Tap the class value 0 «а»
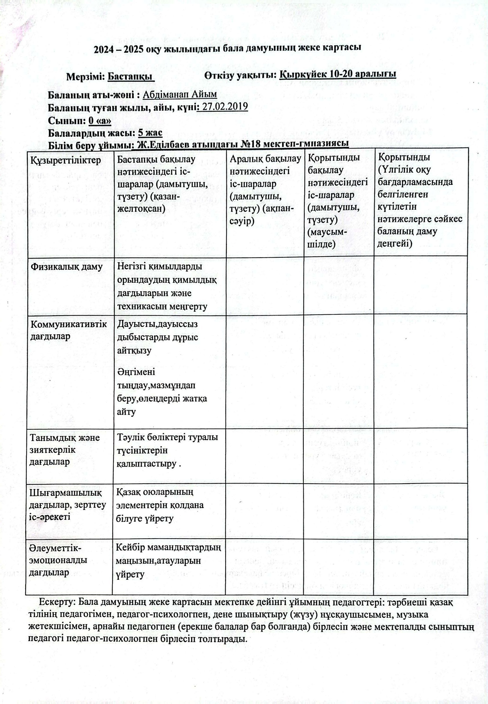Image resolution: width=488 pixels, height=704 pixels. click(100, 120)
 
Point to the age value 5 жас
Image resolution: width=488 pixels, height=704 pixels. click(150, 133)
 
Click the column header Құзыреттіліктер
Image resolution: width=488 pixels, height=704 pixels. click(65, 160)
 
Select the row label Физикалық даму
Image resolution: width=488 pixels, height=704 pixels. click(67, 267)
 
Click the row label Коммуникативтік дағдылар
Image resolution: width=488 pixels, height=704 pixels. click(69, 330)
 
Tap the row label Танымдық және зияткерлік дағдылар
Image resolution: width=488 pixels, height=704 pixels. click(65, 449)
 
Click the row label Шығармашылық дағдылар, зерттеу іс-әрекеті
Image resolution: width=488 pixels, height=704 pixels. click(67, 505)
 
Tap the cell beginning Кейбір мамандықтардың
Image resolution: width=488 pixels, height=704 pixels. click(168, 560)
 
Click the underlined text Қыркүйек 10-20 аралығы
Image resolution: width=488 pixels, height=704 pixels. click(338, 74)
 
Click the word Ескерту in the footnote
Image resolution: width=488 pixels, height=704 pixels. click(55, 602)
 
